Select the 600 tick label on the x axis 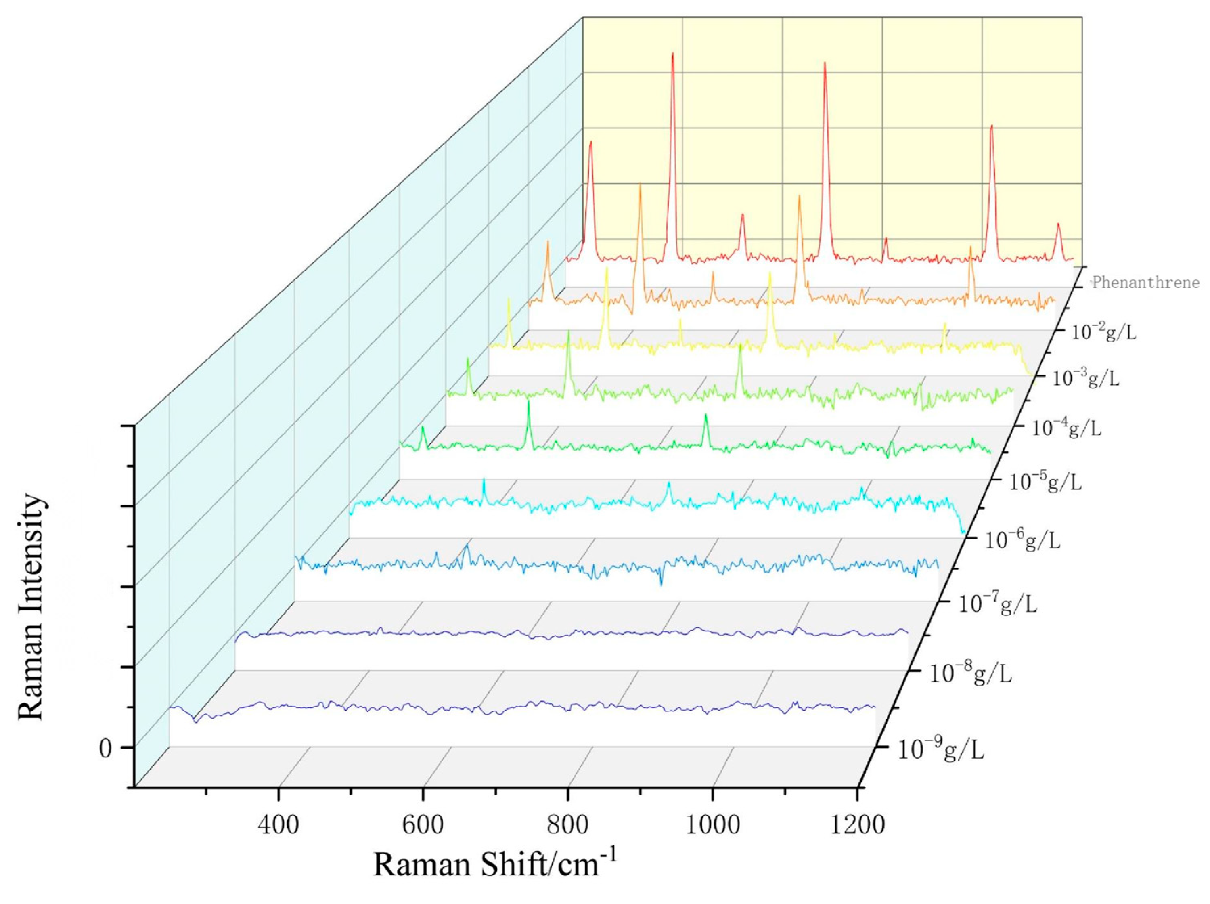423,824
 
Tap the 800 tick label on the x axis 568,824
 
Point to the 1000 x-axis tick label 712,824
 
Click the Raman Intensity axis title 31,607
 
